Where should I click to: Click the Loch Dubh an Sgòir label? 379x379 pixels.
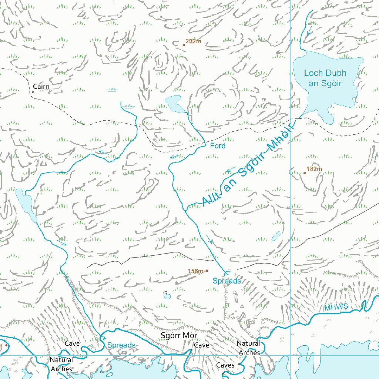[x=325, y=78]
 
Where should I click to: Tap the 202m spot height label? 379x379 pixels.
[x=194, y=41]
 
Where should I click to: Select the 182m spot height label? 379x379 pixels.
[x=315, y=170]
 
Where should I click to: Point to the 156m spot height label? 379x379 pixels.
[x=196, y=271]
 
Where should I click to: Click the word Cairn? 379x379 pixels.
[x=41, y=87]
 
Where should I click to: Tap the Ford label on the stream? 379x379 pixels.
[x=218, y=146]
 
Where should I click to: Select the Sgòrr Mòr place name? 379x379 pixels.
[x=179, y=336]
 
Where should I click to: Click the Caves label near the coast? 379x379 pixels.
[x=225, y=365]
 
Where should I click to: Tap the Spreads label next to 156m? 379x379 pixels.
[x=227, y=281]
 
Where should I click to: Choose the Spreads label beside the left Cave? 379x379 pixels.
[x=121, y=345]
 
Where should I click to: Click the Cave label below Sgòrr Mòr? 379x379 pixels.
[x=202, y=345]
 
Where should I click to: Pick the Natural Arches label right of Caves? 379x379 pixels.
[x=249, y=348]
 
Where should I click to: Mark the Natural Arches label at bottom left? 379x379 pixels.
[x=61, y=364]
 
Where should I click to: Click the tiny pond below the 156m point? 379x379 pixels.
[x=167, y=296]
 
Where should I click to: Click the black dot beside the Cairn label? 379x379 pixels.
[x=33, y=92]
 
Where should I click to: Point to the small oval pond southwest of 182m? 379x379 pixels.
[x=276, y=236]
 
